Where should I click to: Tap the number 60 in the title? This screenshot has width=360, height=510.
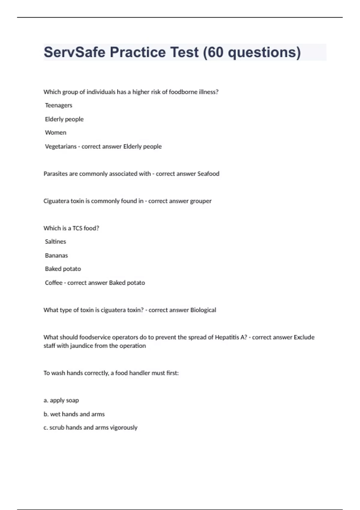click(215, 52)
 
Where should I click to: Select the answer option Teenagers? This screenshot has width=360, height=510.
click(58, 105)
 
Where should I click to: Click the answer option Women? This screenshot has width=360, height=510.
click(55, 133)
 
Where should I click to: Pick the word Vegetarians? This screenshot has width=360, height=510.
click(61, 146)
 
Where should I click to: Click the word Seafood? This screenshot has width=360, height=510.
click(208, 174)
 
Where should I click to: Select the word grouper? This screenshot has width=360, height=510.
click(201, 201)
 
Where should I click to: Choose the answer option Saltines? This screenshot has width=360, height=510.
click(55, 241)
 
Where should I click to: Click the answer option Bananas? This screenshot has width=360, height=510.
click(56, 256)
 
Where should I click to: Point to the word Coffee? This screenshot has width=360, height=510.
click(54, 283)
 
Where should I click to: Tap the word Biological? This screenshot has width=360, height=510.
click(203, 310)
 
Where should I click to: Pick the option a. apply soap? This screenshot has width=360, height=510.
click(61, 400)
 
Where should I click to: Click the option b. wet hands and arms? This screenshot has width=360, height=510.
click(74, 414)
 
